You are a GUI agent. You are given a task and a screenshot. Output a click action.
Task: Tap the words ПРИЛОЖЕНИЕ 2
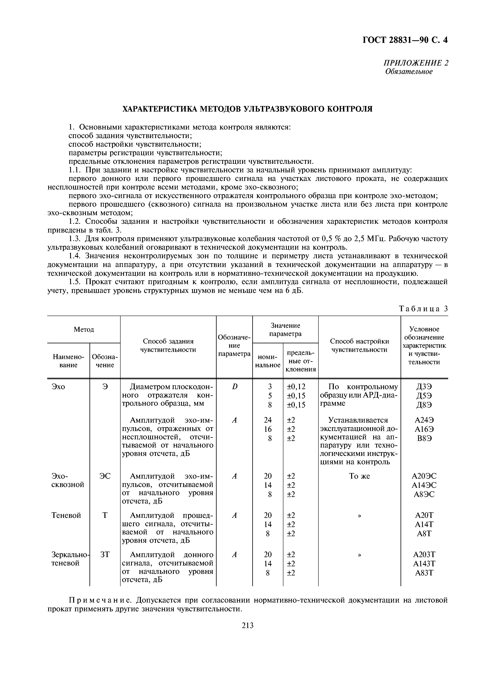(415, 63)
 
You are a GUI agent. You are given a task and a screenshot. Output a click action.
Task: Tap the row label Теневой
(66, 515)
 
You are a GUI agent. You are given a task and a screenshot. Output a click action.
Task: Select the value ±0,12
(296, 387)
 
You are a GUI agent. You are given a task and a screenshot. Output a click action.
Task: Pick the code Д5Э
(424, 396)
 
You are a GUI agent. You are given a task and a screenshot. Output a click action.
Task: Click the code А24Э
(424, 420)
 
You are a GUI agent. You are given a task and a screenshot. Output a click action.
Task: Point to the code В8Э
(424, 438)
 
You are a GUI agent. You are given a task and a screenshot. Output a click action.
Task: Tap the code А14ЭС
(424, 485)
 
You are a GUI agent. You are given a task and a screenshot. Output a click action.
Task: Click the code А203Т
(424, 555)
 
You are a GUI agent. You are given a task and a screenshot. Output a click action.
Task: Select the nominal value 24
(268, 420)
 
